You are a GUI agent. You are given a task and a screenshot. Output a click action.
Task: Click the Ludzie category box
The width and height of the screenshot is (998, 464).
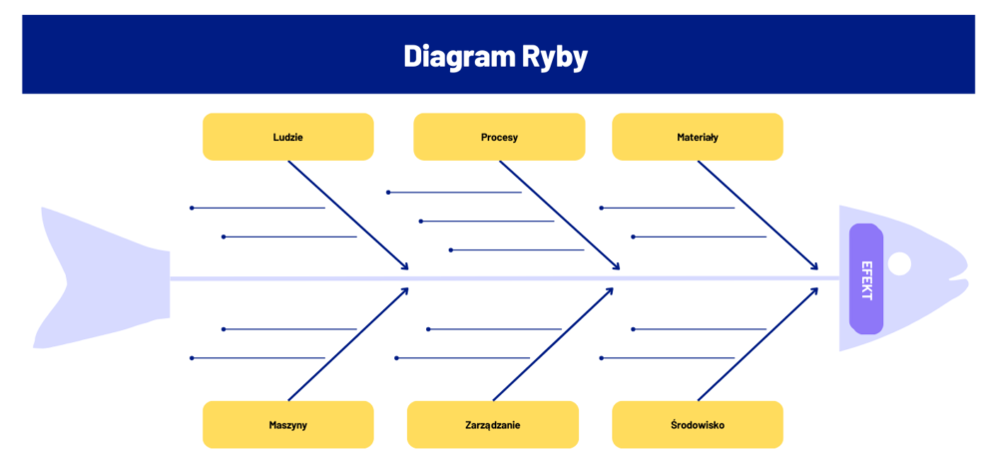pos(287,137)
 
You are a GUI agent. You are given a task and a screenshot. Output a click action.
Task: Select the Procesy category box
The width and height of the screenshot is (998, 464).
pos(499,137)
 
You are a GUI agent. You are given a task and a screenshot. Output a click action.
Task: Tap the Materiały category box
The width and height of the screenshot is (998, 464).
pos(697,137)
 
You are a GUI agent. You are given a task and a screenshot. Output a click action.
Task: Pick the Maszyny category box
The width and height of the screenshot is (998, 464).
pos(287,424)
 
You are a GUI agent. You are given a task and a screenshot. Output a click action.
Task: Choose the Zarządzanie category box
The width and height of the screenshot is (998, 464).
pos(493,424)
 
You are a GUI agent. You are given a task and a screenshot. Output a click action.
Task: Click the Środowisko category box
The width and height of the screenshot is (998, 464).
pos(697,424)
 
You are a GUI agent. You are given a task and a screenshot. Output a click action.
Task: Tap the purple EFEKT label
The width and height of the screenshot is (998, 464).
pos(866,278)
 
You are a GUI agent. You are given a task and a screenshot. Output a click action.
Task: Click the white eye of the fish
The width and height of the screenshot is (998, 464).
pos(899,263)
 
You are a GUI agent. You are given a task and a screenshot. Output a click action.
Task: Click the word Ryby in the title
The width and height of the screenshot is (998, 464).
pos(554,56)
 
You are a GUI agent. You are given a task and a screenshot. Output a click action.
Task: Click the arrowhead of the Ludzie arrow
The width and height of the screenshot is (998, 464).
pos(405,266)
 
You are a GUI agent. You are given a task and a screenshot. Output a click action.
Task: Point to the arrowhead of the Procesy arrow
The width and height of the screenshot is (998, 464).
pos(617,266)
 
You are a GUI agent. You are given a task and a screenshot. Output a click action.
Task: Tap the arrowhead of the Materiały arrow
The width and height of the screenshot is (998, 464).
pos(815,267)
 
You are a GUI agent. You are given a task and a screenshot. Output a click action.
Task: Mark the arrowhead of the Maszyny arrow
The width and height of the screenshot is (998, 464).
pos(405,290)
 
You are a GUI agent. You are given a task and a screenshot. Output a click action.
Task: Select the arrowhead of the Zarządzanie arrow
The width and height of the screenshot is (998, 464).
pos(610,290)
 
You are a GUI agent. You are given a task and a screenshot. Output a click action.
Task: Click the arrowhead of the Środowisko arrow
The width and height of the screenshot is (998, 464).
pos(815,290)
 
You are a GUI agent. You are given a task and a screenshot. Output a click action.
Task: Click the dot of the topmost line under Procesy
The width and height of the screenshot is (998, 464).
pos(388,192)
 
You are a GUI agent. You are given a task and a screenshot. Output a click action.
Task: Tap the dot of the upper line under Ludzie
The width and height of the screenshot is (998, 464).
pos(192,208)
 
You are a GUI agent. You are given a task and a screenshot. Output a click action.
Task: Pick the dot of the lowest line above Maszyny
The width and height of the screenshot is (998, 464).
pos(192,357)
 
